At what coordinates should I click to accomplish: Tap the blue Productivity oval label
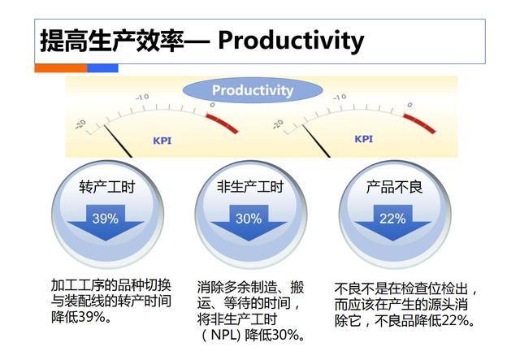tap(252, 90)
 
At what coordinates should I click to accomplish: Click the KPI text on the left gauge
tap(162, 140)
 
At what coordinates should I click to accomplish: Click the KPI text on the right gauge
tap(363, 139)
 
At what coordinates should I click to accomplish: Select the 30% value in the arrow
tap(248, 218)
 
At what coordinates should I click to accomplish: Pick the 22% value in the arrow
tap(392, 218)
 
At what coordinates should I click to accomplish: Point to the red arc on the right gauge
tap(423, 118)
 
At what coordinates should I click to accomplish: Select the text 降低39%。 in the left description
tap(82, 317)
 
